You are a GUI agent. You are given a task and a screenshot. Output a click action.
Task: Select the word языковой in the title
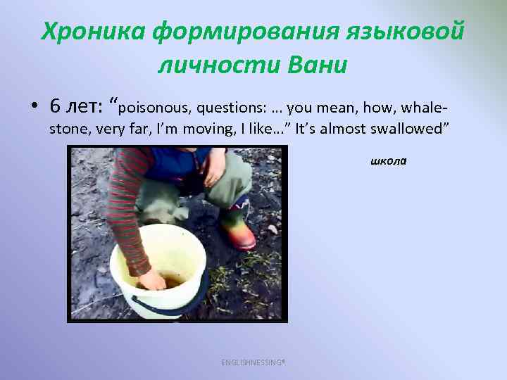[406, 32]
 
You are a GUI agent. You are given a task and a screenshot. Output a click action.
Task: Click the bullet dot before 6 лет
[34, 107]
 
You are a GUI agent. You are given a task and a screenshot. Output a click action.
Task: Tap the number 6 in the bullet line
[56, 106]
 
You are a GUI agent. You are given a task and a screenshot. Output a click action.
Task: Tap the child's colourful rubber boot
[239, 226]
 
